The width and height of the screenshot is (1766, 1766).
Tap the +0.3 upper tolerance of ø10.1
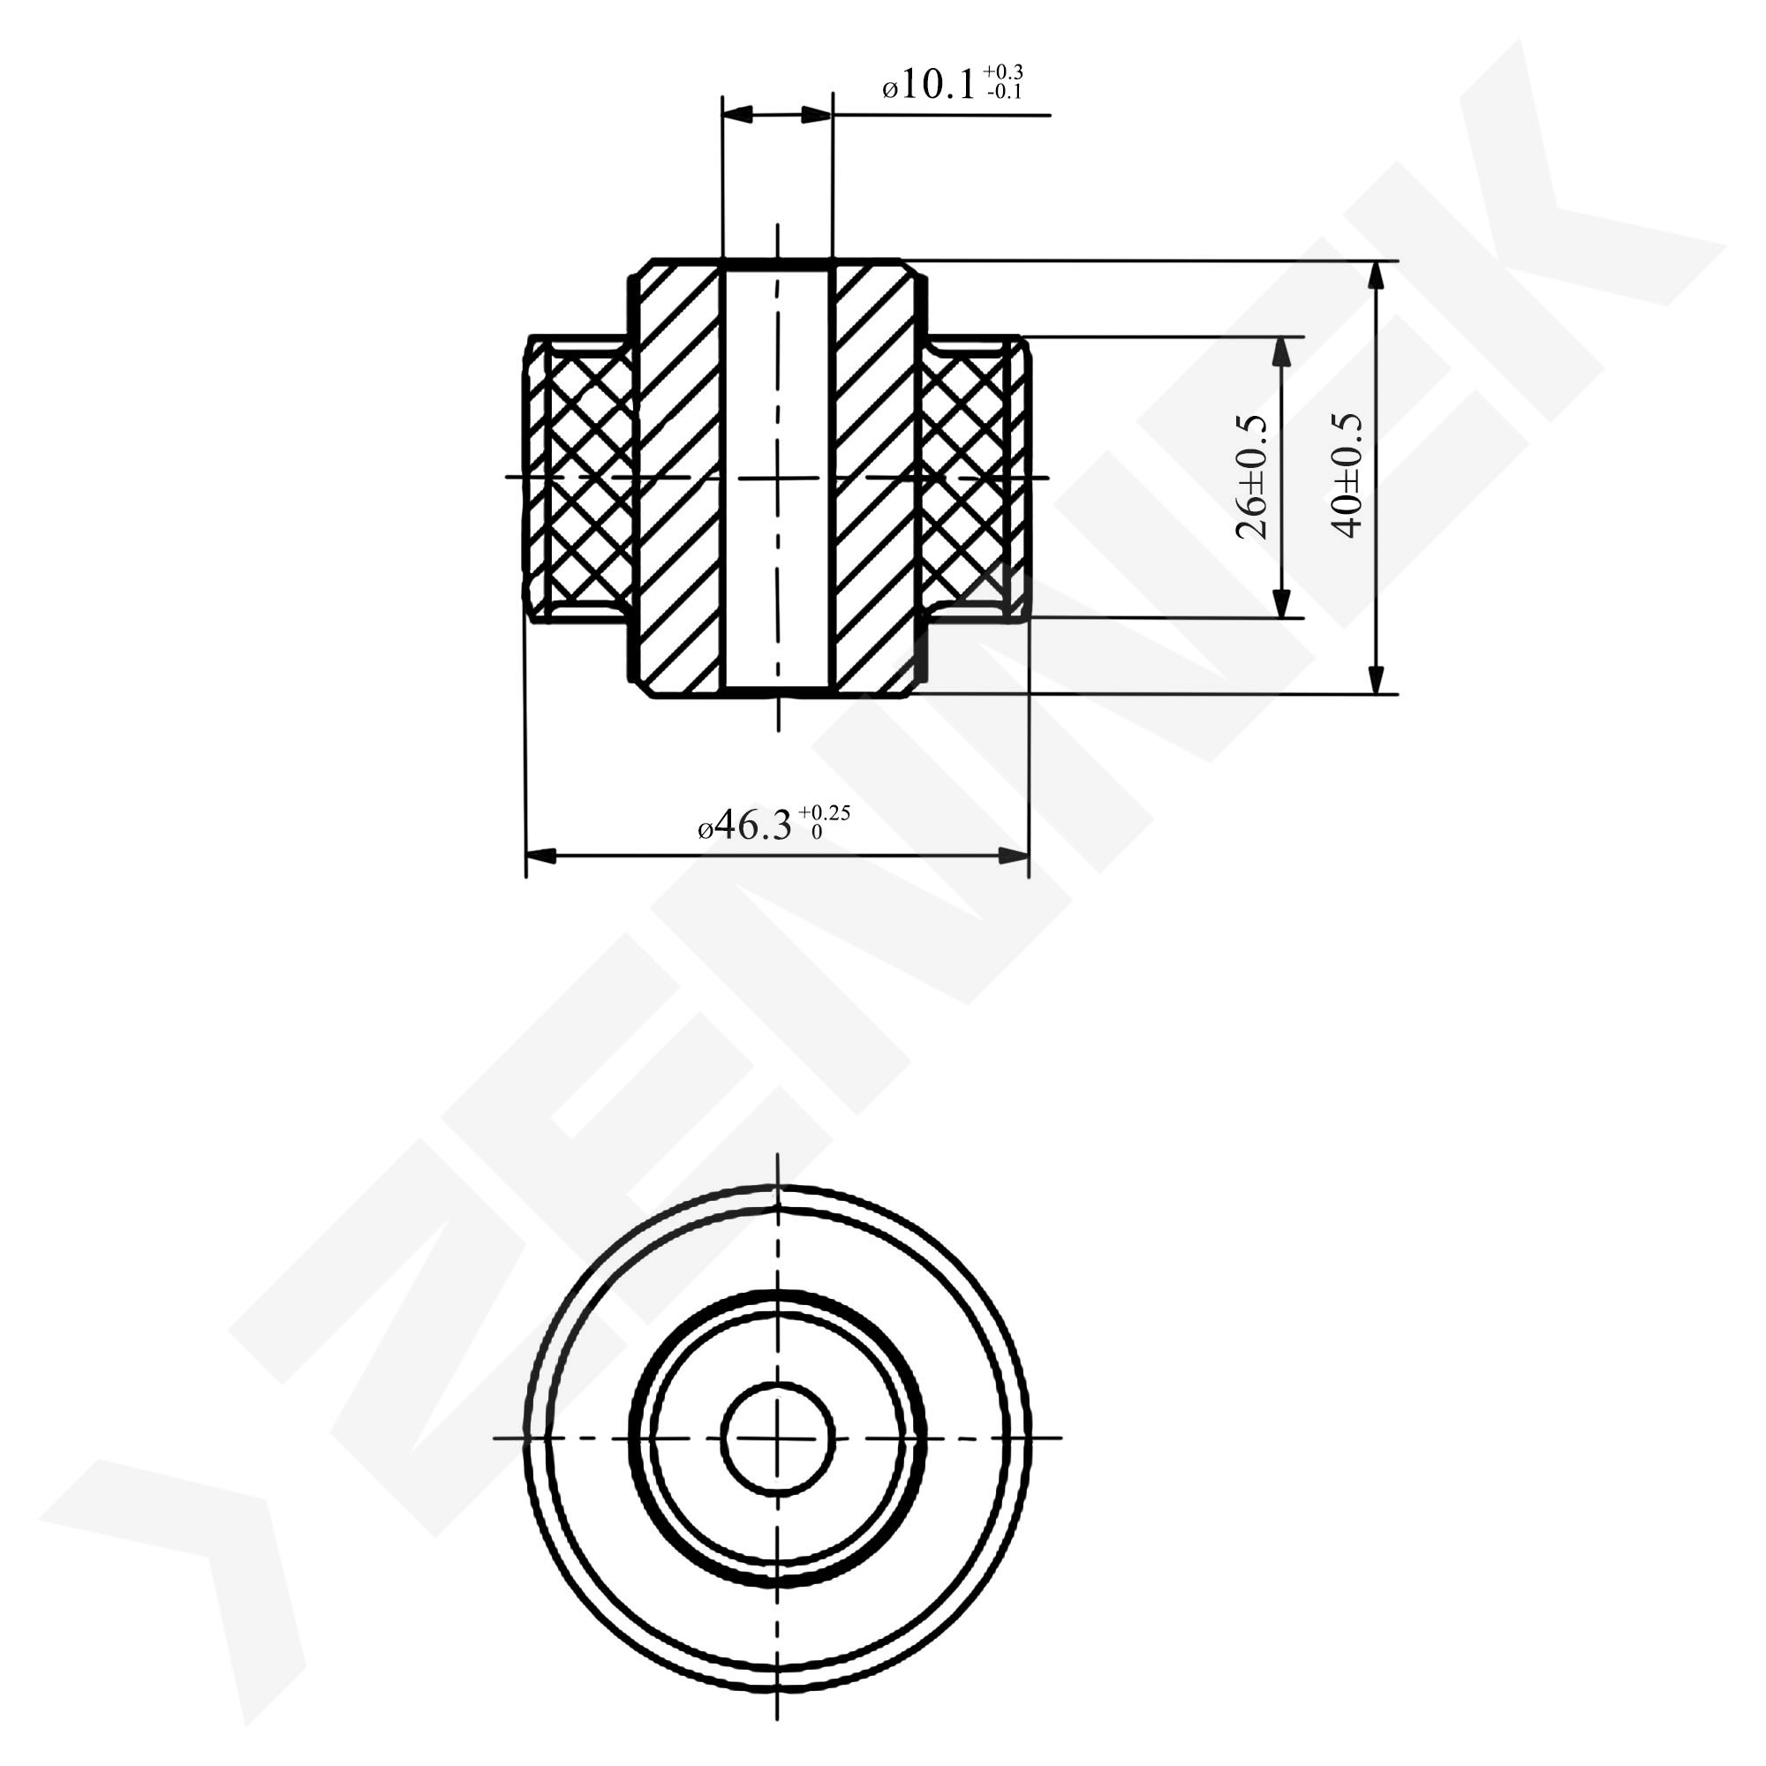(1003, 72)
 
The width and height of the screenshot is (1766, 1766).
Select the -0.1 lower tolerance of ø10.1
(1005, 92)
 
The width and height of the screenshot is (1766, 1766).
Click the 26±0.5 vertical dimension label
(1251, 477)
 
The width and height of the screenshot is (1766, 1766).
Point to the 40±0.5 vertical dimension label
(1347, 475)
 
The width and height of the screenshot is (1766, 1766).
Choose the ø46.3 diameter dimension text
(745, 826)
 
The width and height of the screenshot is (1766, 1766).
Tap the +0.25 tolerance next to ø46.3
(825, 811)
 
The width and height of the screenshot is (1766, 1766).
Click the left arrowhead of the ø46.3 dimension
(540, 857)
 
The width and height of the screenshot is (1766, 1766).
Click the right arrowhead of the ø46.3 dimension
(1014, 857)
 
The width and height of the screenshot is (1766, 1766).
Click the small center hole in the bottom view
(778, 1438)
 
